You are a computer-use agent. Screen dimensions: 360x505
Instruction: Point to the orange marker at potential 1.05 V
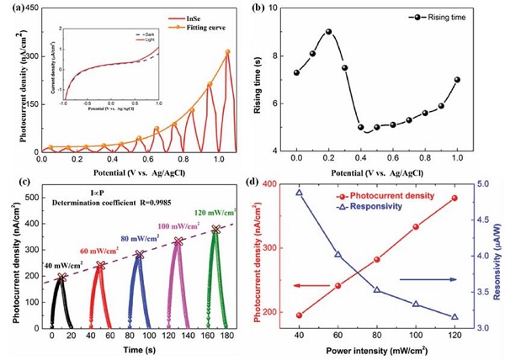227,52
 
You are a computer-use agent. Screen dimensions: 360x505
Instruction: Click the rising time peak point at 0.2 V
328,32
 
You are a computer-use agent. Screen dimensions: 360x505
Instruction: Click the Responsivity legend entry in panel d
344,204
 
